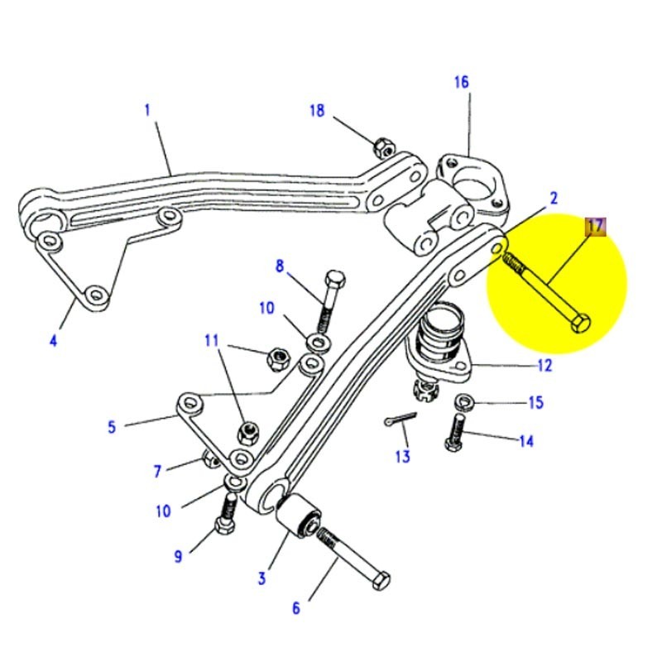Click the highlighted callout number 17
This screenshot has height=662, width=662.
click(596, 226)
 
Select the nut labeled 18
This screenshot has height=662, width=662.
click(382, 148)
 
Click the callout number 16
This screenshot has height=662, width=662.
click(461, 82)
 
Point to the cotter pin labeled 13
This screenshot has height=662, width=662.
click(400, 420)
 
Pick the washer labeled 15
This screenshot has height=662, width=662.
click(463, 403)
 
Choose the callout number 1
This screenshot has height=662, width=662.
click(148, 109)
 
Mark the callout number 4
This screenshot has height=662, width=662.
click(53, 338)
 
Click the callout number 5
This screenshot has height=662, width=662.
click(112, 427)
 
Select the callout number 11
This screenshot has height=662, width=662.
click(211, 340)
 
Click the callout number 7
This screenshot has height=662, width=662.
click(158, 472)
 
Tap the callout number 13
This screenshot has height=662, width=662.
click(402, 457)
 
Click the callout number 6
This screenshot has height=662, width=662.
click(296, 608)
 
